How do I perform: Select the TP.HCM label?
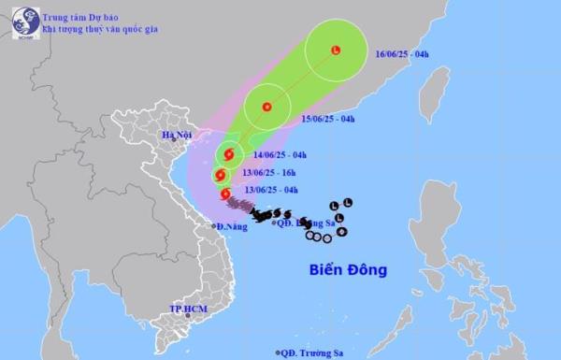pos(187,308)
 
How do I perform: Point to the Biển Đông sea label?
pos(348,270)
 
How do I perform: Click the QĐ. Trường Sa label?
pos(312,352)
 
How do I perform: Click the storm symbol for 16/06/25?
pos(336,50)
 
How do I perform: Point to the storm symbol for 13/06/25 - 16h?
pos(220,174)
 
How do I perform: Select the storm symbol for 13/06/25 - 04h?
pos(224,194)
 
